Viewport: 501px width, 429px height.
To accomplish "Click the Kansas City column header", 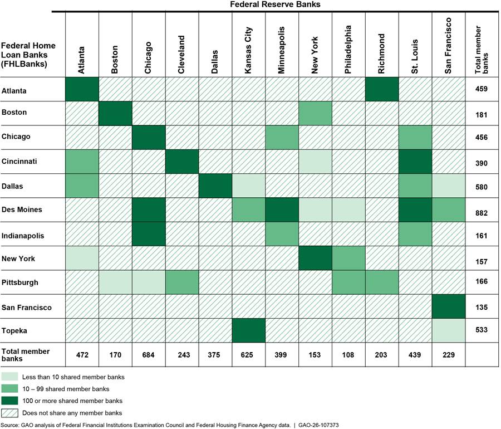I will click(x=249, y=55).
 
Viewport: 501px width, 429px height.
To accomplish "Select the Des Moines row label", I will click(x=22, y=210).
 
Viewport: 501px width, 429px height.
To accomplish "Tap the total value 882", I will click(x=482, y=210).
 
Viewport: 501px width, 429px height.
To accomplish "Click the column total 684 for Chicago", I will click(x=149, y=355).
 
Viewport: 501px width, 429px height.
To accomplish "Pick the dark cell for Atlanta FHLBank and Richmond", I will click(x=382, y=90).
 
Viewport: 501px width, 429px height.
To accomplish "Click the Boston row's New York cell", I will click(x=315, y=114).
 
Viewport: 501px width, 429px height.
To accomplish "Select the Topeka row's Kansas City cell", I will click(x=249, y=330).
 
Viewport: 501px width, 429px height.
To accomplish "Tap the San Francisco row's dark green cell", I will click(x=448, y=306).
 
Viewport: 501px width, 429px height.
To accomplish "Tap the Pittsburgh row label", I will click(x=20, y=282).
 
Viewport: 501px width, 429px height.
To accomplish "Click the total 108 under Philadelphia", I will click(x=348, y=355).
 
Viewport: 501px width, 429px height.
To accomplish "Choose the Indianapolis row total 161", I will click(x=482, y=235).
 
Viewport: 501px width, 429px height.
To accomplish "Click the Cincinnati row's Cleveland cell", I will click(x=182, y=162).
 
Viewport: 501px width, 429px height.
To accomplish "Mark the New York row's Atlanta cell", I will click(x=82, y=259).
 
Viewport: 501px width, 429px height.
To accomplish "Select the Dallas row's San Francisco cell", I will click(x=448, y=186).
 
